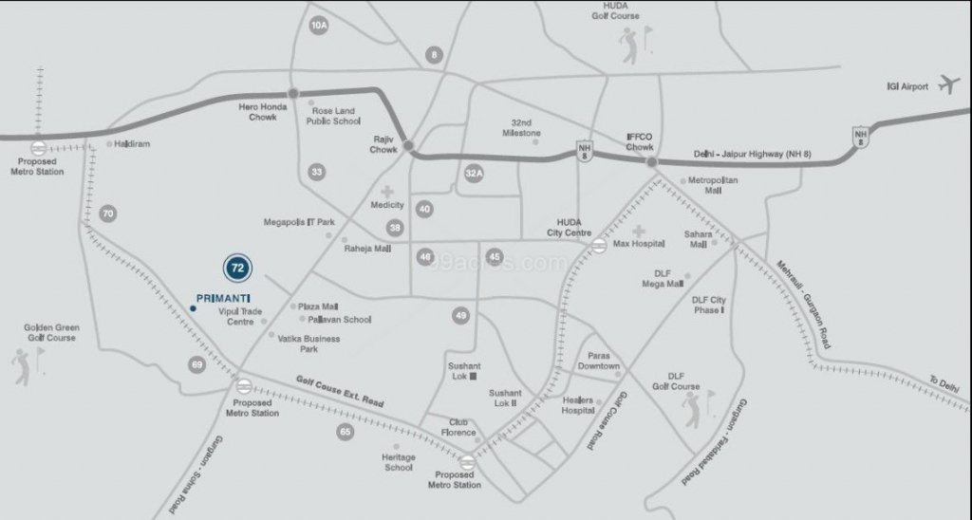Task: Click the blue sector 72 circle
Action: pyautogui.click(x=238, y=268)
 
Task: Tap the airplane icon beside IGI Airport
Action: pyautogui.click(x=948, y=84)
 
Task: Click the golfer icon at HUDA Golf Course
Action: pyautogui.click(x=633, y=45)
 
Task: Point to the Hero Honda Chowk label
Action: pyautogui.click(x=256, y=112)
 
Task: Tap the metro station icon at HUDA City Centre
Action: pyautogui.click(x=599, y=247)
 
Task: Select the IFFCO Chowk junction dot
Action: pyautogui.click(x=652, y=163)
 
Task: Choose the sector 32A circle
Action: pyautogui.click(x=475, y=173)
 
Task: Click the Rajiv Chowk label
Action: pyautogui.click(x=383, y=143)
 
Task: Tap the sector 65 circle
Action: pyautogui.click(x=345, y=433)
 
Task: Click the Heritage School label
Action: pyautogui.click(x=398, y=461)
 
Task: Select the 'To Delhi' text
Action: pyautogui.click(x=944, y=381)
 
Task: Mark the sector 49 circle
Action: pyautogui.click(x=461, y=316)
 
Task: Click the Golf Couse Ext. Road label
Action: pyautogui.click(x=339, y=391)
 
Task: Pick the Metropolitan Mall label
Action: pyautogui.click(x=712, y=184)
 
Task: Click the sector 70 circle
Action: pyautogui.click(x=108, y=214)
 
